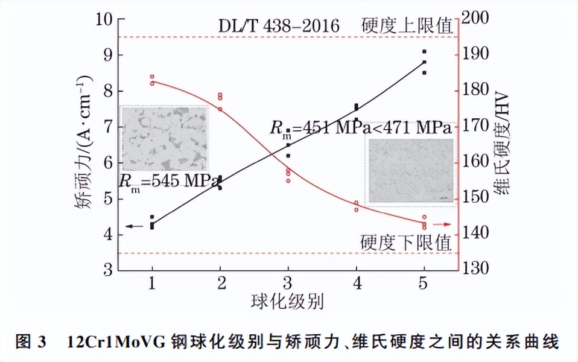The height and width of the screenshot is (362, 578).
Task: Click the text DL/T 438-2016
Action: [279, 26]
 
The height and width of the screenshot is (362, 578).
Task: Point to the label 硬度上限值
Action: [407, 26]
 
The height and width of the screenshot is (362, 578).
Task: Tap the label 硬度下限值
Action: [406, 243]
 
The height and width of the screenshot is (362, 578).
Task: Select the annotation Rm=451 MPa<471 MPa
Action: [360, 129]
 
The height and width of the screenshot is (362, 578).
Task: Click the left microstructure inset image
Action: [164, 138]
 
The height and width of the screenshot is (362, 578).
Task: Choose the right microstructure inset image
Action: [410, 171]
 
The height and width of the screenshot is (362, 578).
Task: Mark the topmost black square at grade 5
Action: [424, 52]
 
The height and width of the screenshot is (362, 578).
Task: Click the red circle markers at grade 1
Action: [152, 80]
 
